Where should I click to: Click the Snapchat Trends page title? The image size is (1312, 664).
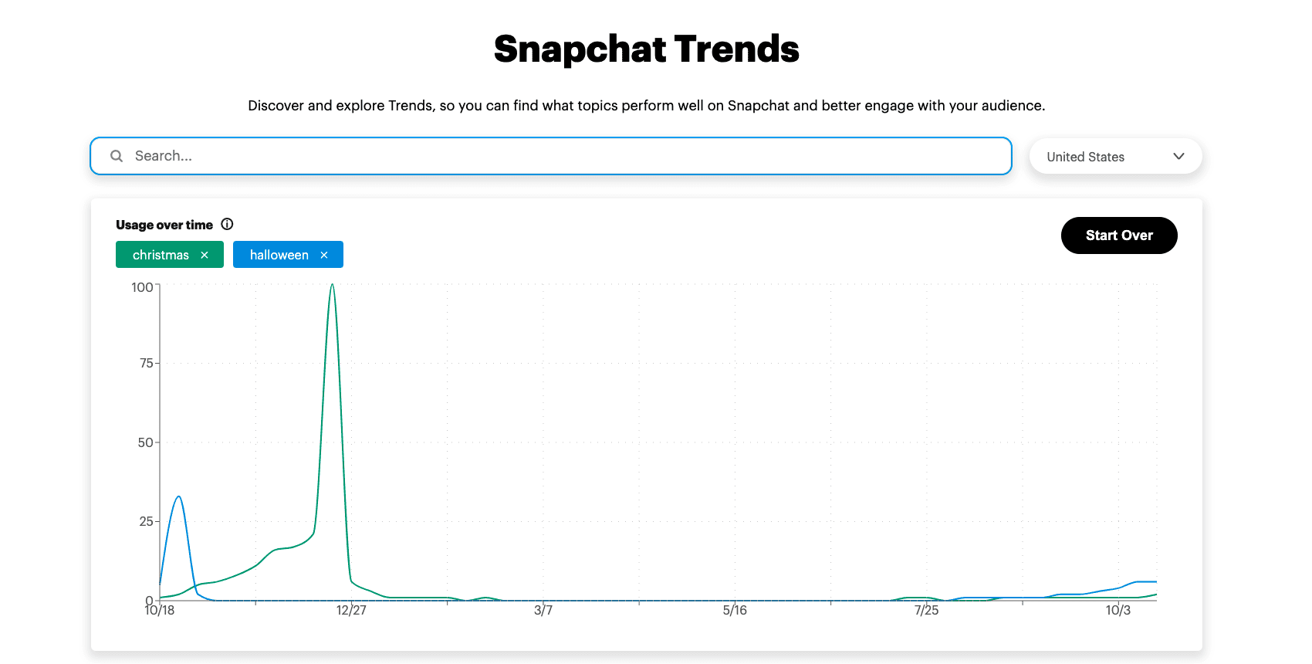646,49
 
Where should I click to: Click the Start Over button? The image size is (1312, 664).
1118,235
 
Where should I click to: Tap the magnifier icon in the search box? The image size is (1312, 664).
117,156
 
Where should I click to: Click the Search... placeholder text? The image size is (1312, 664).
164,156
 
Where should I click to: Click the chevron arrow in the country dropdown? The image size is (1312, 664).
1178,156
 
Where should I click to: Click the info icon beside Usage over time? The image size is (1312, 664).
227,224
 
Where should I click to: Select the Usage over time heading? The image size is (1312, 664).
164,225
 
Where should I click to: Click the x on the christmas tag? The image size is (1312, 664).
205,255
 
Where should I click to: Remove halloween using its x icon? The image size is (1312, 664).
324,255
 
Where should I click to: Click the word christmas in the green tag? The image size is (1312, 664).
161,255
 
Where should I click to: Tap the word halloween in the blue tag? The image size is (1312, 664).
279,255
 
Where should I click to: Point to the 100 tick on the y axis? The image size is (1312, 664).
142,287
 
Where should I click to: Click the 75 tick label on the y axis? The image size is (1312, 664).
146,363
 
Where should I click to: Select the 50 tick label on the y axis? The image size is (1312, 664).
146,442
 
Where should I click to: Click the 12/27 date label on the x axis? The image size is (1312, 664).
351,611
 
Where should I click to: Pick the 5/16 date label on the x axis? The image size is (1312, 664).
735,611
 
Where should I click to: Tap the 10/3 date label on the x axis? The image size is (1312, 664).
1118,611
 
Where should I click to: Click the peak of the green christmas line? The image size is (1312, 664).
332,285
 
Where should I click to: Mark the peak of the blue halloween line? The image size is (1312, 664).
179,496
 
